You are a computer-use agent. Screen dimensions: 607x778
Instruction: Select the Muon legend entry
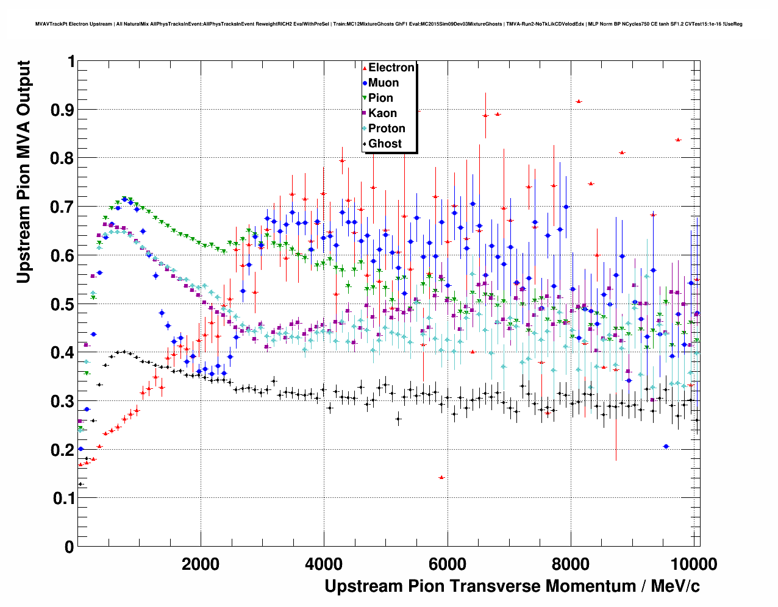click(383, 83)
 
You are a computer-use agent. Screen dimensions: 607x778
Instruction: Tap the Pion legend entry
click(380, 98)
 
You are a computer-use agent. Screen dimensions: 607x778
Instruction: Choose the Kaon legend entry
click(382, 113)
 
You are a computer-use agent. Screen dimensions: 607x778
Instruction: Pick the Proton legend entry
click(387, 129)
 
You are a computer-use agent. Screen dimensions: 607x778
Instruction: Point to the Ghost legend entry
click(385, 144)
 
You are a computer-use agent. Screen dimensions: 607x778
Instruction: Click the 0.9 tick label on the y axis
click(63, 110)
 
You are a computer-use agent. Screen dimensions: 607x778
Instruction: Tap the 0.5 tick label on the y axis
click(63, 304)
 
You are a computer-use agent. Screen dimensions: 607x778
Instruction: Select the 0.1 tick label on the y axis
click(63, 499)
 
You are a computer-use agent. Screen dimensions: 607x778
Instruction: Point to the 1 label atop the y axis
click(71, 62)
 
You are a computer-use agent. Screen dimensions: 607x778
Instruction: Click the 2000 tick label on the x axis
click(201, 564)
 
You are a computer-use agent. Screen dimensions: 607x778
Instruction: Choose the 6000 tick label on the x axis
click(448, 564)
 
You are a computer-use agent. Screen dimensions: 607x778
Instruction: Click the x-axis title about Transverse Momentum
click(512, 586)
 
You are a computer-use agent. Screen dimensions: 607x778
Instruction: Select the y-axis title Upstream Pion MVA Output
click(23, 172)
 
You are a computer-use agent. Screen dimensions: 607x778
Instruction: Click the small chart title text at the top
click(389, 24)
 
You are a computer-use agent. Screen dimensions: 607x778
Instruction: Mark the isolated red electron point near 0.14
click(441, 477)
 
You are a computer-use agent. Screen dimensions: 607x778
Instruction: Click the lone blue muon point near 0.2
click(666, 446)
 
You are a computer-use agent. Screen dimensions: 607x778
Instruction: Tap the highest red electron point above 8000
click(579, 101)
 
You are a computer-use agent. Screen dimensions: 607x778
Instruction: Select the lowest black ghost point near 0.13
click(80, 484)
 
